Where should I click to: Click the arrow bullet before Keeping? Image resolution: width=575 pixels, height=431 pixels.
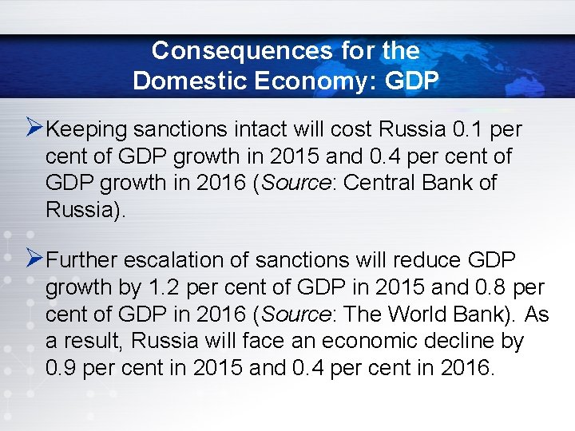pyautogui.click(x=34, y=127)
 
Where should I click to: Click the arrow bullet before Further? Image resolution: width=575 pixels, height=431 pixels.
pyautogui.click(x=34, y=259)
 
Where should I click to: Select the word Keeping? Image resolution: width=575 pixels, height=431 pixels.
pyautogui.click(x=87, y=129)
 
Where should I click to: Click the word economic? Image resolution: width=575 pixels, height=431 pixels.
pyautogui.click(x=364, y=342)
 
